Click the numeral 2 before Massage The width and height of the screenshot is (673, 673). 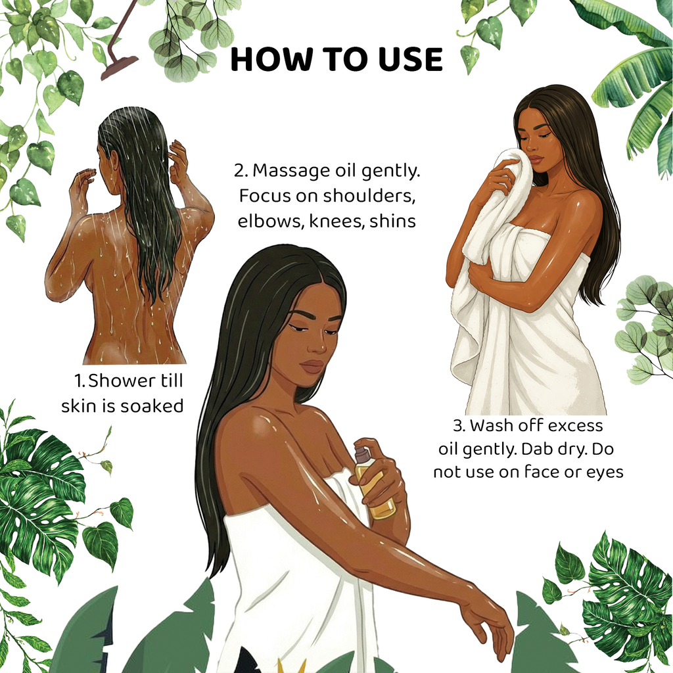click(240, 171)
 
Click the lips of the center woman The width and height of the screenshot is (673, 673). click(312, 366)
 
